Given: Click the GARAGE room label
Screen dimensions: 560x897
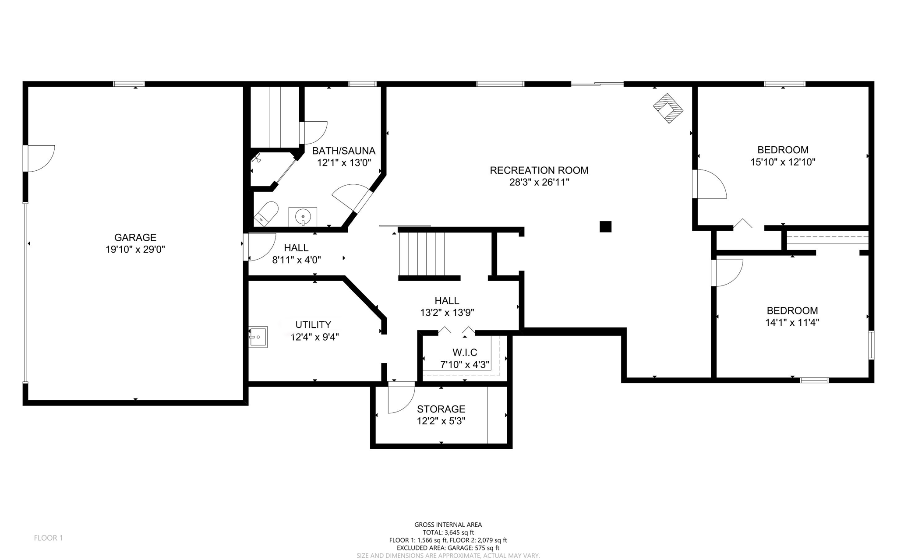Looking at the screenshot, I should click(135, 237).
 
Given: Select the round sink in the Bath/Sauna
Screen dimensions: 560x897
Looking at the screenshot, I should click(303, 216).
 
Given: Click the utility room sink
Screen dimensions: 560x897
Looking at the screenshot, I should click(258, 337).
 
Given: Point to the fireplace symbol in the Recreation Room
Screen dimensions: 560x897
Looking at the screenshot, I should click(668, 108).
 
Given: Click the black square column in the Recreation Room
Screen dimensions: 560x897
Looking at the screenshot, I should click(605, 226).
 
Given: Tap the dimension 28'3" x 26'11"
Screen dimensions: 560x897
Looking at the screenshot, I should click(539, 182).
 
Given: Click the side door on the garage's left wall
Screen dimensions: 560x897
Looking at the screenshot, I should click(39, 158).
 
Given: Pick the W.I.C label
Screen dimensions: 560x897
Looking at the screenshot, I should click(465, 352).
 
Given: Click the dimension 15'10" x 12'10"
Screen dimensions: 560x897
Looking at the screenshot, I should click(783, 162).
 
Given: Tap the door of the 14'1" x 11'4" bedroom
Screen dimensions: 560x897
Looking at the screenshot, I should click(727, 272).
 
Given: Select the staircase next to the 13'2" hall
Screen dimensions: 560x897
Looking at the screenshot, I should click(422, 254).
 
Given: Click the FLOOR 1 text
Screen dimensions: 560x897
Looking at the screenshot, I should click(49, 538).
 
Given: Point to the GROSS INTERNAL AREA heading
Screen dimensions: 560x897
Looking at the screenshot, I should click(448, 525).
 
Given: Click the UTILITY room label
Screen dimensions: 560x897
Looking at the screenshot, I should click(313, 325).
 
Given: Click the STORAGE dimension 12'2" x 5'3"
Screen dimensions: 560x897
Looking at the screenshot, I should click(441, 421).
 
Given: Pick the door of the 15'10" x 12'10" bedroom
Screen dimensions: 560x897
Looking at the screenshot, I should click(710, 184).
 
